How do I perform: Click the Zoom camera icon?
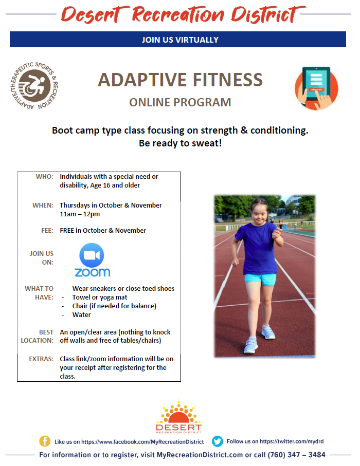pyautogui.click(x=92, y=255)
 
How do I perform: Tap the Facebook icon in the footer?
pyautogui.click(x=45, y=441)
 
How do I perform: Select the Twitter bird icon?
pyautogui.click(x=218, y=441)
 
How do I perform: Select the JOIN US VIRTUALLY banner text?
pyautogui.click(x=180, y=40)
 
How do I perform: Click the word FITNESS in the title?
pyautogui.click(x=228, y=80)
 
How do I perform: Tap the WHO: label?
pyautogui.click(x=45, y=177)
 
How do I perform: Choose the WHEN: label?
pyautogui.click(x=43, y=206)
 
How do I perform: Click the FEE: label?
pyautogui.click(x=47, y=231)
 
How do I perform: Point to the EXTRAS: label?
pyautogui.click(x=41, y=359)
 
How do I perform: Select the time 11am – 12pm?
pyautogui.click(x=80, y=214)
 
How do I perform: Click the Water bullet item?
pyautogui.click(x=82, y=315)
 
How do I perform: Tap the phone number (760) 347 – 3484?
pyautogui.click(x=296, y=455)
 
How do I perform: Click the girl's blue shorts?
pyautogui.click(x=260, y=279)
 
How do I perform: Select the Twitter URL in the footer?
pyautogui.click(x=292, y=441)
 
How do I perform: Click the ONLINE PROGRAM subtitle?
pyautogui.click(x=180, y=102)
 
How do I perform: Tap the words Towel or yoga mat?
pyautogui.click(x=100, y=297)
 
